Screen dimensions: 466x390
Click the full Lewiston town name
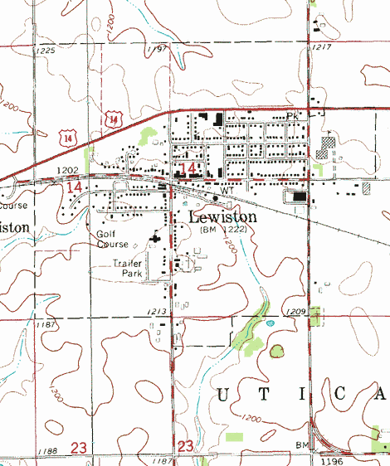pos(223,216)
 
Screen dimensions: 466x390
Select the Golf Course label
pos(112,240)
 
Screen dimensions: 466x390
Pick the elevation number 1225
pos(44,51)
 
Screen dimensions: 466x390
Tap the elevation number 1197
pos(156,50)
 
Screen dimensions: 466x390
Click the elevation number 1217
pos(322,46)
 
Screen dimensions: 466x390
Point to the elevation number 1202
pos(67,170)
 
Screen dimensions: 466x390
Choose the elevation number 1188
pos(47,451)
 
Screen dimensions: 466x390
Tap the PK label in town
pos(290,117)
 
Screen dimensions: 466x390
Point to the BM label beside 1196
pos(303,445)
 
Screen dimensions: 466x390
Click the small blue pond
pos(268,323)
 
